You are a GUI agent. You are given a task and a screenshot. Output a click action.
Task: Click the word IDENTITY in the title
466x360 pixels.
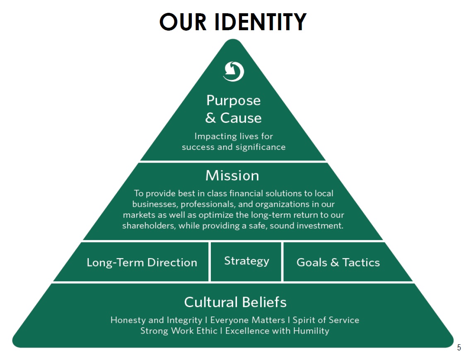pos(261,22)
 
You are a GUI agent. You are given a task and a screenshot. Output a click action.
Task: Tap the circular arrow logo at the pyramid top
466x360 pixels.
pos(234,72)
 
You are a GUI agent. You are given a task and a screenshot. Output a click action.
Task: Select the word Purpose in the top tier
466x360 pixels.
pos(234,101)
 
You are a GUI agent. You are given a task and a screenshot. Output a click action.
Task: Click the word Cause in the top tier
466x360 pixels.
pos(241,118)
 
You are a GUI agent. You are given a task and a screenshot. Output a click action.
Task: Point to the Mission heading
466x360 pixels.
pos(232,175)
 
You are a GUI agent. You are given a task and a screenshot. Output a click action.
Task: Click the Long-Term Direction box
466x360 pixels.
pos(142,262)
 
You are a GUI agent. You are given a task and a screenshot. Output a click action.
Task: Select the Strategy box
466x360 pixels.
pos(246,261)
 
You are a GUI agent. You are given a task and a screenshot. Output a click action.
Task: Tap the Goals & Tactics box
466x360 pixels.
pos(338,262)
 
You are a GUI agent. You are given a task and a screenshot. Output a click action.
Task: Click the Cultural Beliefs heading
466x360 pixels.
pos(235,302)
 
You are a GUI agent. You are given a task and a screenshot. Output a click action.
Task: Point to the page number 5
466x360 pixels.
pos(459,348)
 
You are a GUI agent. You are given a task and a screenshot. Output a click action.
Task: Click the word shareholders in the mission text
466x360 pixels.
pos(148,226)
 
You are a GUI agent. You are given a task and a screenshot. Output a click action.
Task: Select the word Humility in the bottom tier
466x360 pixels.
pos(311,331)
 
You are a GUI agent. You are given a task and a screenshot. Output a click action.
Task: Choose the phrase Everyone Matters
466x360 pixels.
pos(248,320)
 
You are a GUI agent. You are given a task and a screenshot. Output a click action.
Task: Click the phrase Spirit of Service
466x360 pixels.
pos(326,320)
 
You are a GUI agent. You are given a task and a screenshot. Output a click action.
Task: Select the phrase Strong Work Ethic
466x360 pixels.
pos(179,331)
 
